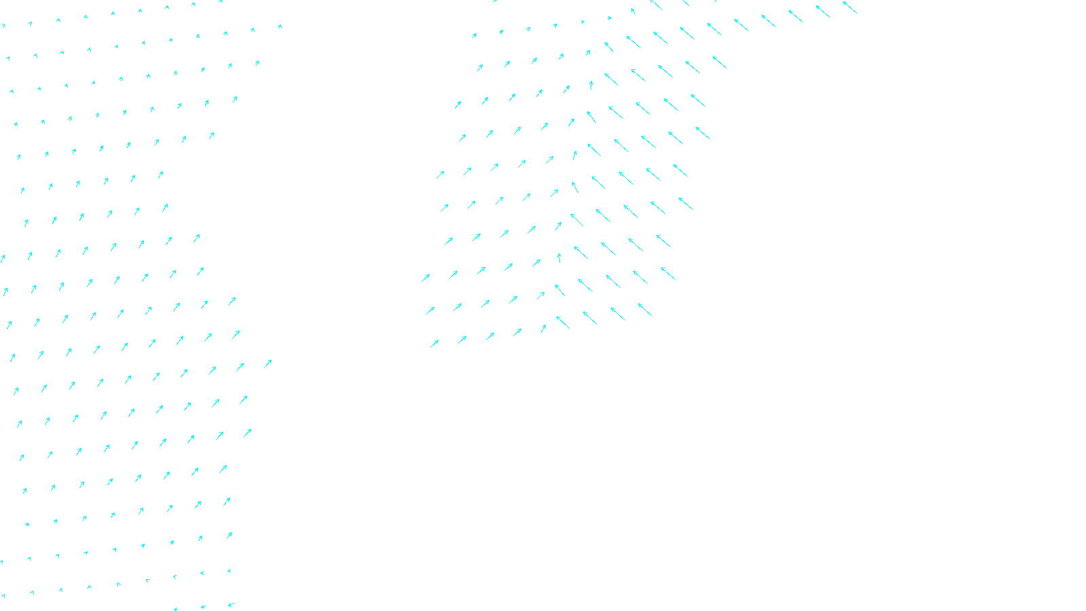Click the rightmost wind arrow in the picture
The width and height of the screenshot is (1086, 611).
click(850, 7)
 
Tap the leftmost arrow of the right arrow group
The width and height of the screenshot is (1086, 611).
click(426, 278)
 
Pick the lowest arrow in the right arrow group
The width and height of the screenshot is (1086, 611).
click(434, 344)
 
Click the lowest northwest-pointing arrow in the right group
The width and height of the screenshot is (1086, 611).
click(563, 322)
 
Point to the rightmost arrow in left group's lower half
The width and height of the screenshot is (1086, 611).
click(267, 364)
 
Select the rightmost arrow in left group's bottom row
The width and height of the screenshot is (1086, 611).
click(231, 604)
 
